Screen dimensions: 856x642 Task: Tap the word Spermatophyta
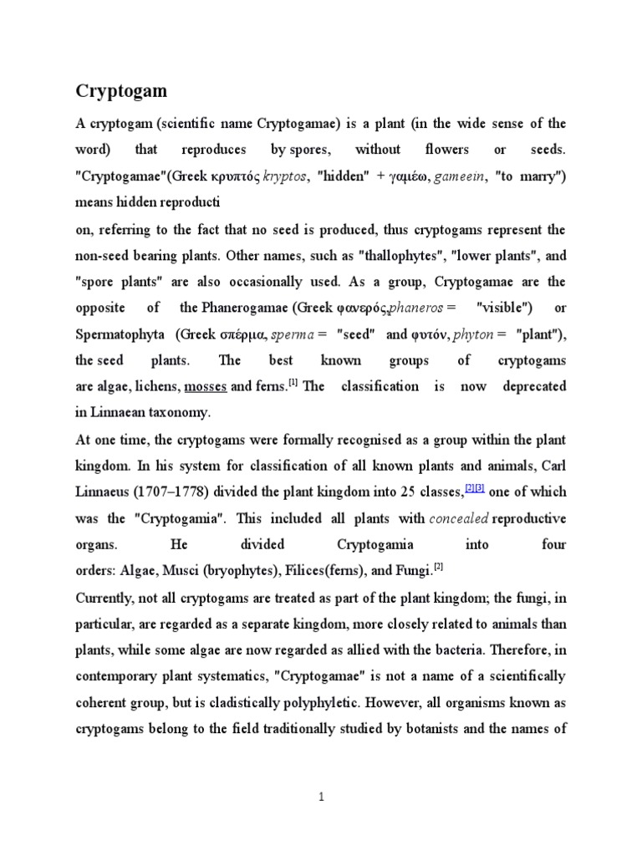[x=122, y=334]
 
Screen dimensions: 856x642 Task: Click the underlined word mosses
[x=206, y=387]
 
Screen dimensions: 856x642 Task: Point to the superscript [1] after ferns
[x=293, y=384]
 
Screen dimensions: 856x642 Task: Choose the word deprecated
[x=534, y=386]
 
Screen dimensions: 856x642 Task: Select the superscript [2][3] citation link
[x=476, y=488]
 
